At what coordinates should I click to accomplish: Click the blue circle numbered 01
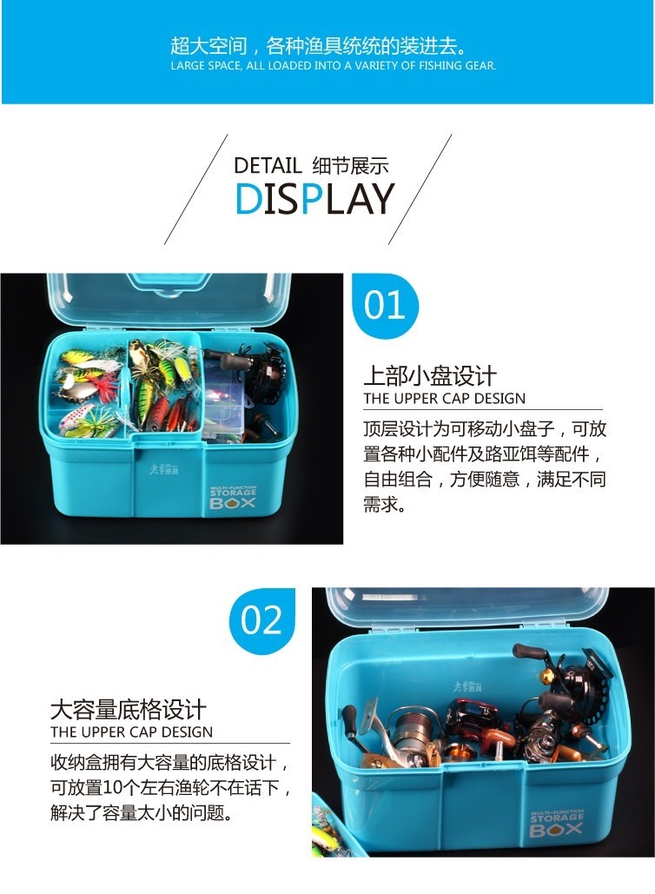[x=385, y=306]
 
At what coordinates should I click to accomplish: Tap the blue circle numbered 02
[x=262, y=621]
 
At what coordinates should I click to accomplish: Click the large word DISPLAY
[x=314, y=198]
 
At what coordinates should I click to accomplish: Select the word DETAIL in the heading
[x=268, y=166]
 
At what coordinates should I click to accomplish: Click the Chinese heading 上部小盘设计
[x=430, y=375]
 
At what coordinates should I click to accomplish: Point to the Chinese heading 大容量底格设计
[x=129, y=710]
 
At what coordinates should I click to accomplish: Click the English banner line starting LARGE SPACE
[x=334, y=65]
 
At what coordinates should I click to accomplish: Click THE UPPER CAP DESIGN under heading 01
[x=445, y=399]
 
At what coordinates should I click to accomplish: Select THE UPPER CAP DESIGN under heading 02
[x=131, y=732]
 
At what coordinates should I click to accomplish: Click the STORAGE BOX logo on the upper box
[x=233, y=497]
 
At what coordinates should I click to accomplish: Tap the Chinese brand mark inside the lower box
[x=466, y=686]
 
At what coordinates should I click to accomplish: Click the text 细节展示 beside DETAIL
[x=350, y=166]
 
